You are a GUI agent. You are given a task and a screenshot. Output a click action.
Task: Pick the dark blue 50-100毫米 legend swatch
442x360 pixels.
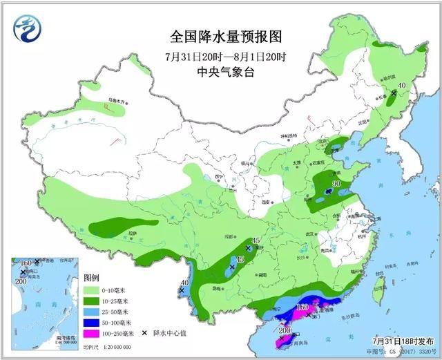click(x=89, y=322)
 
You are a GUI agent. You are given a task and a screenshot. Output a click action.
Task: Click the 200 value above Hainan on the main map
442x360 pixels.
click(x=285, y=330)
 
